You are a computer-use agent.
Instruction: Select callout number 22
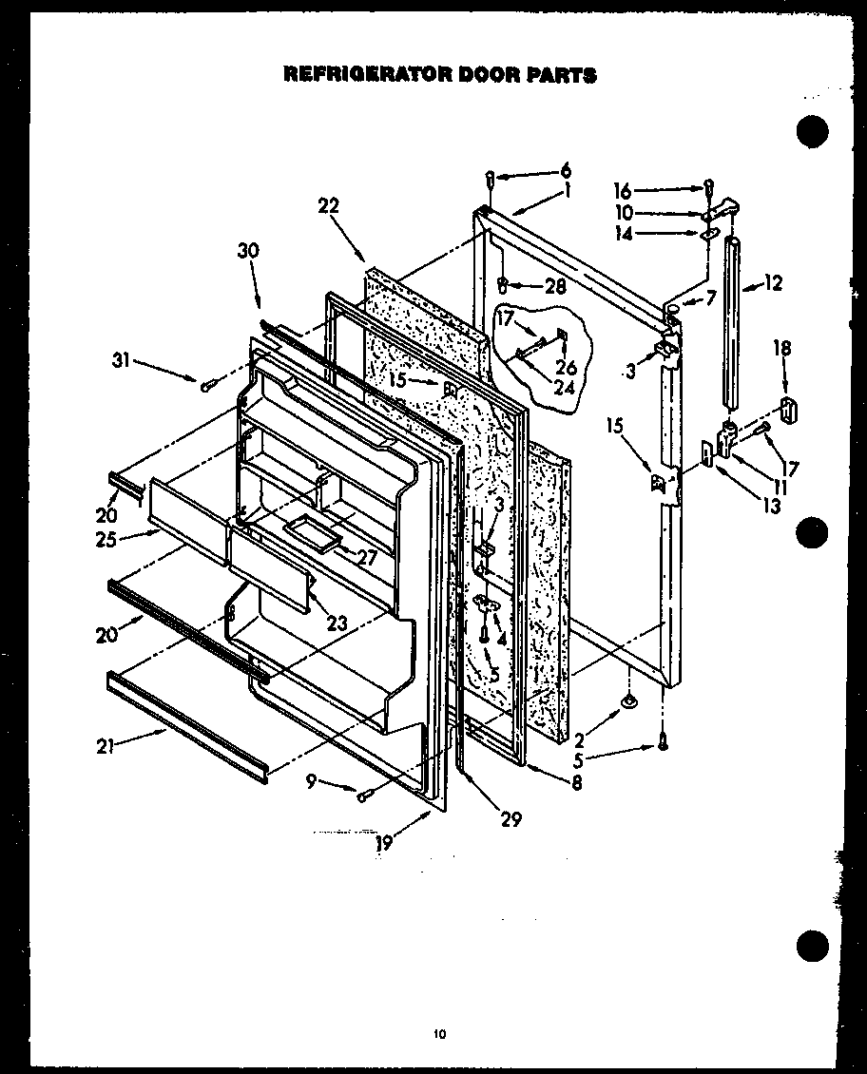pos(329,205)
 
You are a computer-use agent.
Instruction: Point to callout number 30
pos(248,251)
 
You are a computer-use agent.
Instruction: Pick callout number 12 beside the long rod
pos(773,282)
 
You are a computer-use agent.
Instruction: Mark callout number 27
pos(366,558)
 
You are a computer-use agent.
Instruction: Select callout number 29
pos(511,819)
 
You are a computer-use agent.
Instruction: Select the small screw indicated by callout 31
pos(206,384)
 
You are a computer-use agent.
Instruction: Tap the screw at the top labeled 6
pos(490,178)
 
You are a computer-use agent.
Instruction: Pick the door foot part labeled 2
pos(628,701)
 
